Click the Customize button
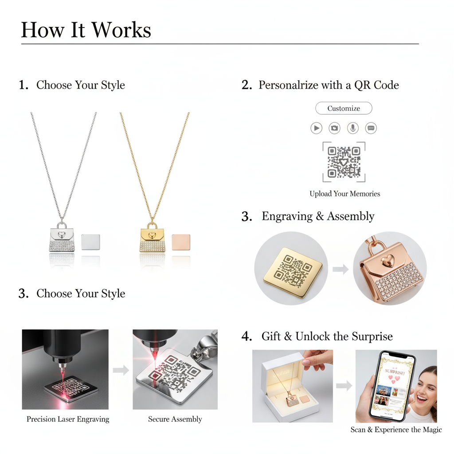[x=344, y=108]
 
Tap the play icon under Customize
[x=317, y=128]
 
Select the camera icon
[x=334, y=128]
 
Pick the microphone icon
[x=352, y=128]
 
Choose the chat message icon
[x=371, y=128]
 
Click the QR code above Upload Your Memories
[x=344, y=162]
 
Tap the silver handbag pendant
[x=62, y=237]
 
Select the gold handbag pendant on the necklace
[x=153, y=237]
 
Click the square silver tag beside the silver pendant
[x=90, y=242]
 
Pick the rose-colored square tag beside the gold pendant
[x=181, y=242]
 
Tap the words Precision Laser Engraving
[x=68, y=419]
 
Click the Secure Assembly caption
[x=175, y=419]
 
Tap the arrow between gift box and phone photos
[x=344, y=386]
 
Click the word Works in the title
[x=121, y=30]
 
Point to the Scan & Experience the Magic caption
[x=396, y=430]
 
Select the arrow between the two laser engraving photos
[x=121, y=370]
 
